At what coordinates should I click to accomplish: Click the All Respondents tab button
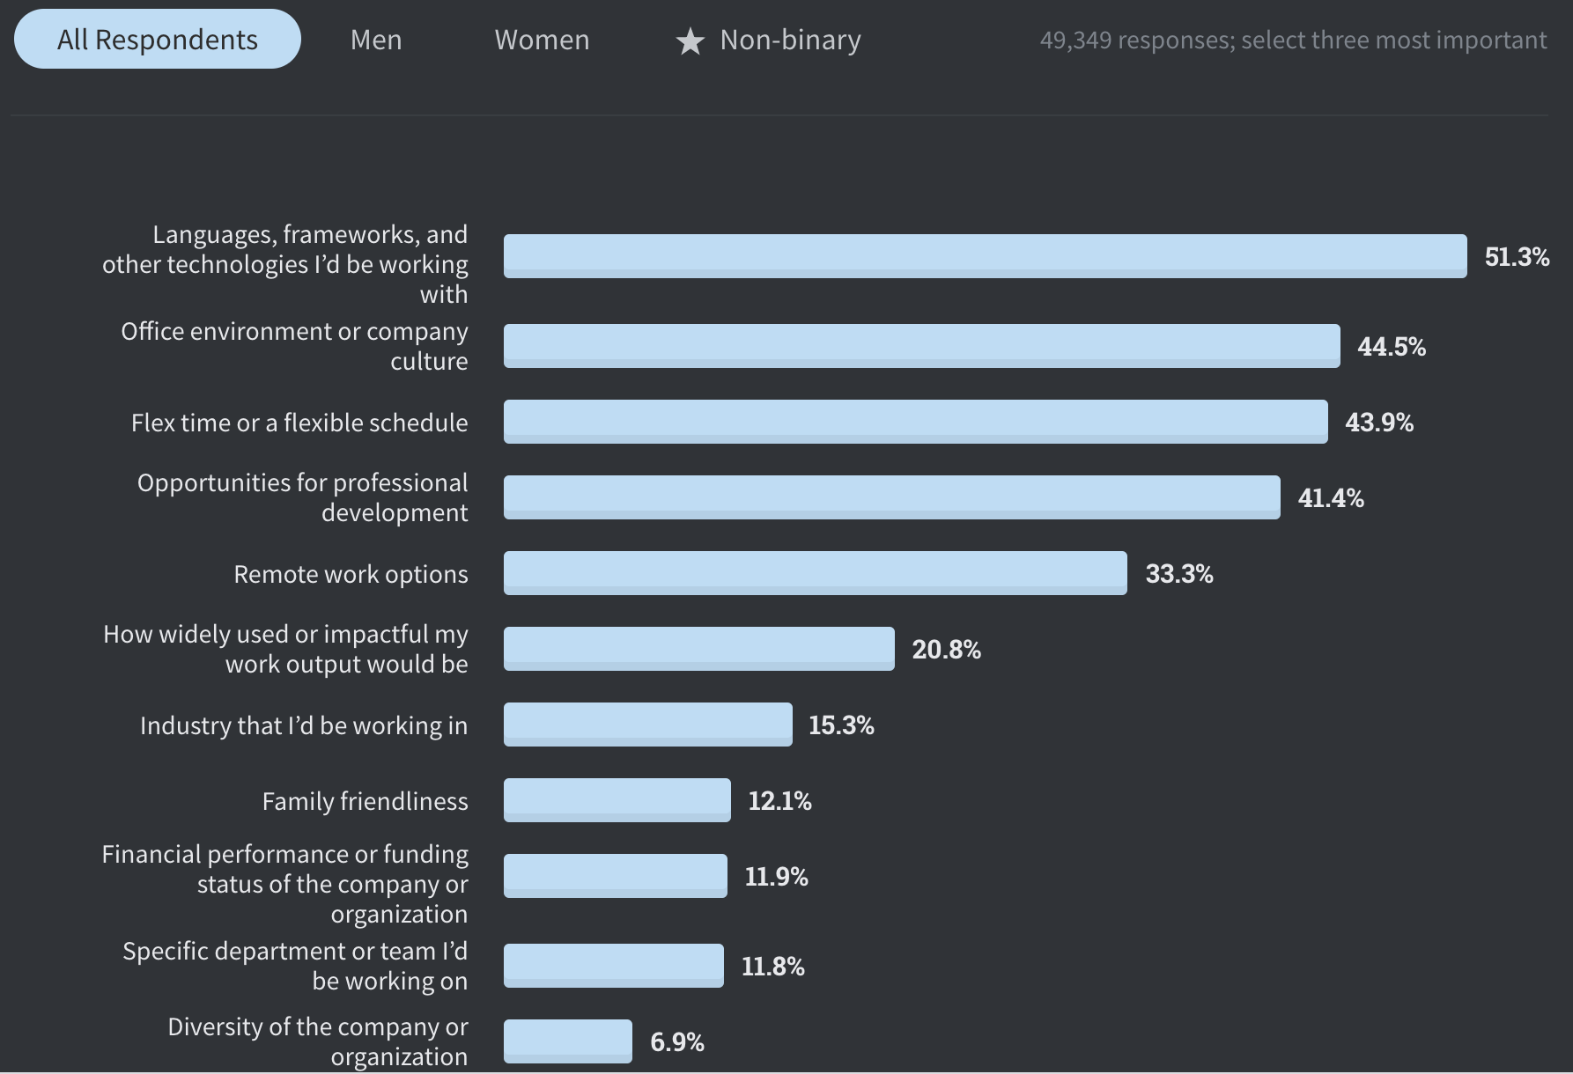pyautogui.click(x=157, y=40)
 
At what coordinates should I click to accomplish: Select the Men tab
pyautogui.click(x=376, y=40)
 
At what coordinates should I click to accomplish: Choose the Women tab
pyautogui.click(x=542, y=40)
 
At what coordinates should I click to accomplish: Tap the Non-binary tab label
pyautogui.click(x=790, y=40)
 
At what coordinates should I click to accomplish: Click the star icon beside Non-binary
pyautogui.click(x=690, y=41)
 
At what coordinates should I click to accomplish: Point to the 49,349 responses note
pyautogui.click(x=1292, y=40)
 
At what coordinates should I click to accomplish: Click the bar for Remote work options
pyautogui.click(x=815, y=573)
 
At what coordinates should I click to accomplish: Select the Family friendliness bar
pyautogui.click(x=617, y=800)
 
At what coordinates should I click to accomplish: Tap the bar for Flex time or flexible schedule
pyautogui.click(x=915, y=422)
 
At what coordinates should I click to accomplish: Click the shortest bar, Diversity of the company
pyautogui.click(x=567, y=1041)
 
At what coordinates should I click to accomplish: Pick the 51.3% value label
pyautogui.click(x=1517, y=256)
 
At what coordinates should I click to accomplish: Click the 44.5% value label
pyautogui.click(x=1391, y=347)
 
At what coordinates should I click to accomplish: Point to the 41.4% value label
pyautogui.click(x=1330, y=498)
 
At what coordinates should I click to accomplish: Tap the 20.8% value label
pyautogui.click(x=946, y=650)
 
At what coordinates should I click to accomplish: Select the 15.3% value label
pyautogui.click(x=841, y=725)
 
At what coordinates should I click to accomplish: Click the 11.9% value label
pyautogui.click(x=776, y=877)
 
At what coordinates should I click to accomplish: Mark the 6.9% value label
pyautogui.click(x=676, y=1042)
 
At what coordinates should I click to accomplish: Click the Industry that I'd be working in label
pyautogui.click(x=304, y=725)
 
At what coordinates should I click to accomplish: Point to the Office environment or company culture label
pyautogui.click(x=294, y=346)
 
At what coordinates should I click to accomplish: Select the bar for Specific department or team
pyautogui.click(x=613, y=966)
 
